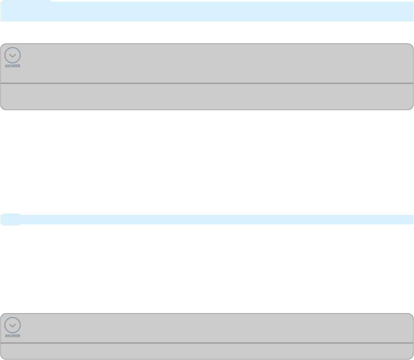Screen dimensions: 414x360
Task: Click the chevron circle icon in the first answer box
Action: [13, 55]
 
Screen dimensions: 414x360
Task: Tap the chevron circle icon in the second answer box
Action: [13, 326]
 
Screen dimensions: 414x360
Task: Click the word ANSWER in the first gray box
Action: [13, 66]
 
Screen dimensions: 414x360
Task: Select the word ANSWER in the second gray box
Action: [13, 336]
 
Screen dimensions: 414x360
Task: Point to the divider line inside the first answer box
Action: [206, 83]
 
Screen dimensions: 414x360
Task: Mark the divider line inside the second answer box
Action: [206, 343]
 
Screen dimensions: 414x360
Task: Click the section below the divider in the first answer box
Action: [206, 96]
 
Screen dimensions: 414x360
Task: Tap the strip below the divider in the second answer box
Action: [206, 351]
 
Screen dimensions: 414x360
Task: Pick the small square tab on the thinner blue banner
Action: [10, 219]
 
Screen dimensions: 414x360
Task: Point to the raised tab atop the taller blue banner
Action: [25, 1]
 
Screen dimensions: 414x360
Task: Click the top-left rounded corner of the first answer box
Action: [2, 46]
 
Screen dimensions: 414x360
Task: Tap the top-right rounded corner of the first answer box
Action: [411, 46]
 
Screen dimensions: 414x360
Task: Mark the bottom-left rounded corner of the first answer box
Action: [2, 108]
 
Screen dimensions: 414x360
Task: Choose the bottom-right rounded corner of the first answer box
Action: [411, 108]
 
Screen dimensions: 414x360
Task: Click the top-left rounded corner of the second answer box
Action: [2, 316]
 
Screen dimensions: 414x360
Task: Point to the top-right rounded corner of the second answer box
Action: [411, 316]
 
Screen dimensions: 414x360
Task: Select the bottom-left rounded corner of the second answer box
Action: [2, 357]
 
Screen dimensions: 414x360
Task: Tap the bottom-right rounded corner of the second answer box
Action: [411, 357]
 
